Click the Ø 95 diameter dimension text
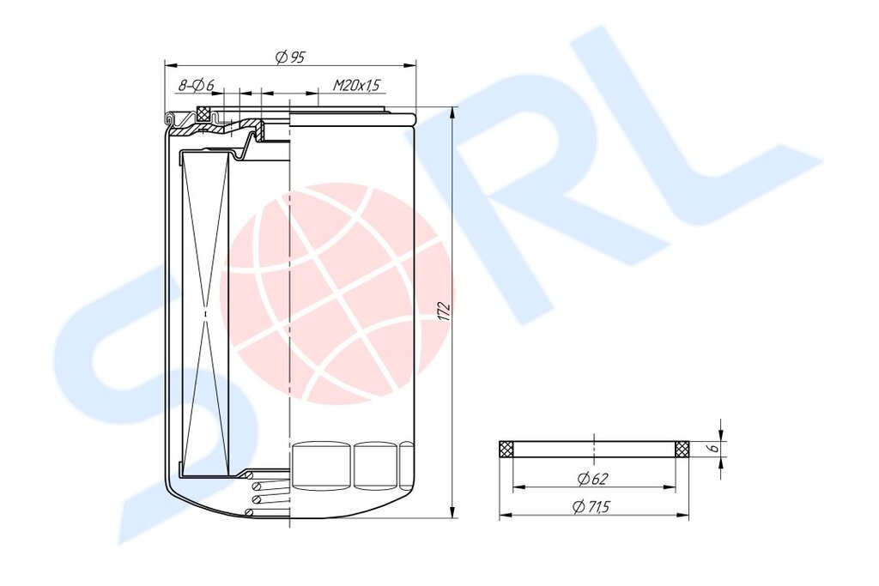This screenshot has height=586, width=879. [290, 57]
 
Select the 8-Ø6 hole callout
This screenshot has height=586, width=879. [197, 86]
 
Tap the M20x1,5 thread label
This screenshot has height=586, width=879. [356, 85]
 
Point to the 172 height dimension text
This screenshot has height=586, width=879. [444, 312]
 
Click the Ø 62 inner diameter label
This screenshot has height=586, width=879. [593, 479]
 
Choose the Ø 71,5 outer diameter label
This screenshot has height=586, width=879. [591, 507]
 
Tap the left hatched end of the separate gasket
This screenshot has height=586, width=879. [506, 449]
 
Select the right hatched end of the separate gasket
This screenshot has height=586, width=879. [682, 449]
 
